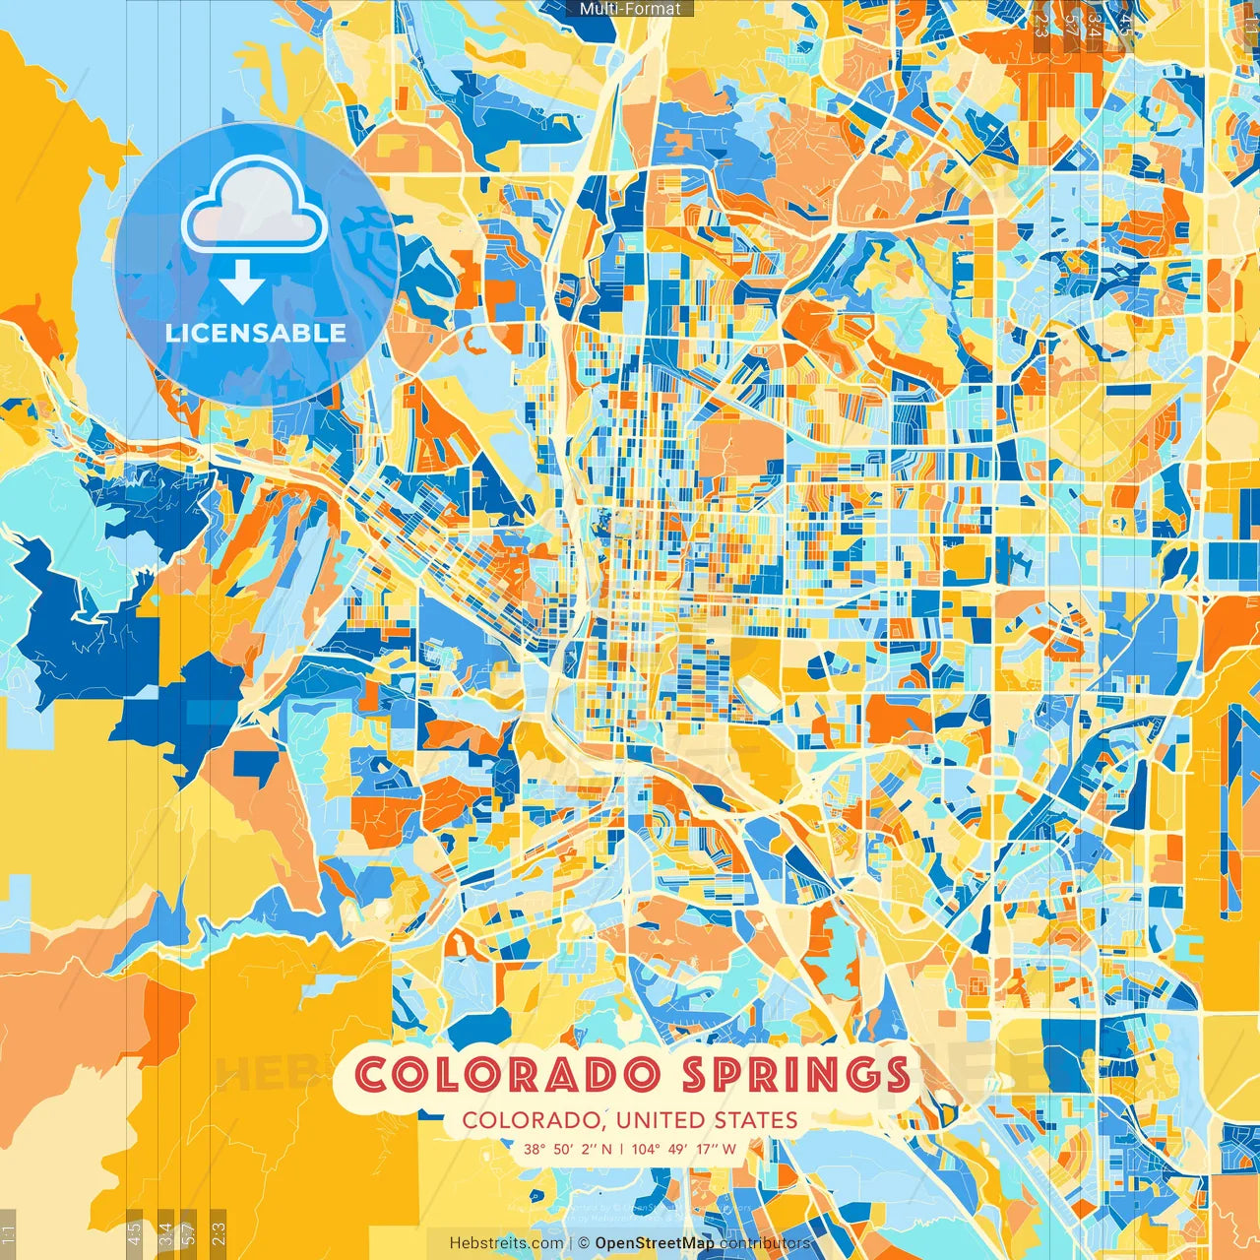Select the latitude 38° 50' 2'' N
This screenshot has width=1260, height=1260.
pos(567,1148)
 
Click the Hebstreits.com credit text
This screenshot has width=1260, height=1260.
pos(507,1243)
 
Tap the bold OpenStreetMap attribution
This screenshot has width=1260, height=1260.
pos(655,1243)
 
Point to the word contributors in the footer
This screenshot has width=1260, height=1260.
pos(765,1243)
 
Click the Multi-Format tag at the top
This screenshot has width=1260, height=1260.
pos(630,9)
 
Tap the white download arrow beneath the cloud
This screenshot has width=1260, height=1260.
pos(242,285)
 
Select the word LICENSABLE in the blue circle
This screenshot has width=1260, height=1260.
pos(256,333)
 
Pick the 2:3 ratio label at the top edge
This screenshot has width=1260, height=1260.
pos(1041,24)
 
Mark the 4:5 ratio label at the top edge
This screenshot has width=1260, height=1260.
pos(1125,24)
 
